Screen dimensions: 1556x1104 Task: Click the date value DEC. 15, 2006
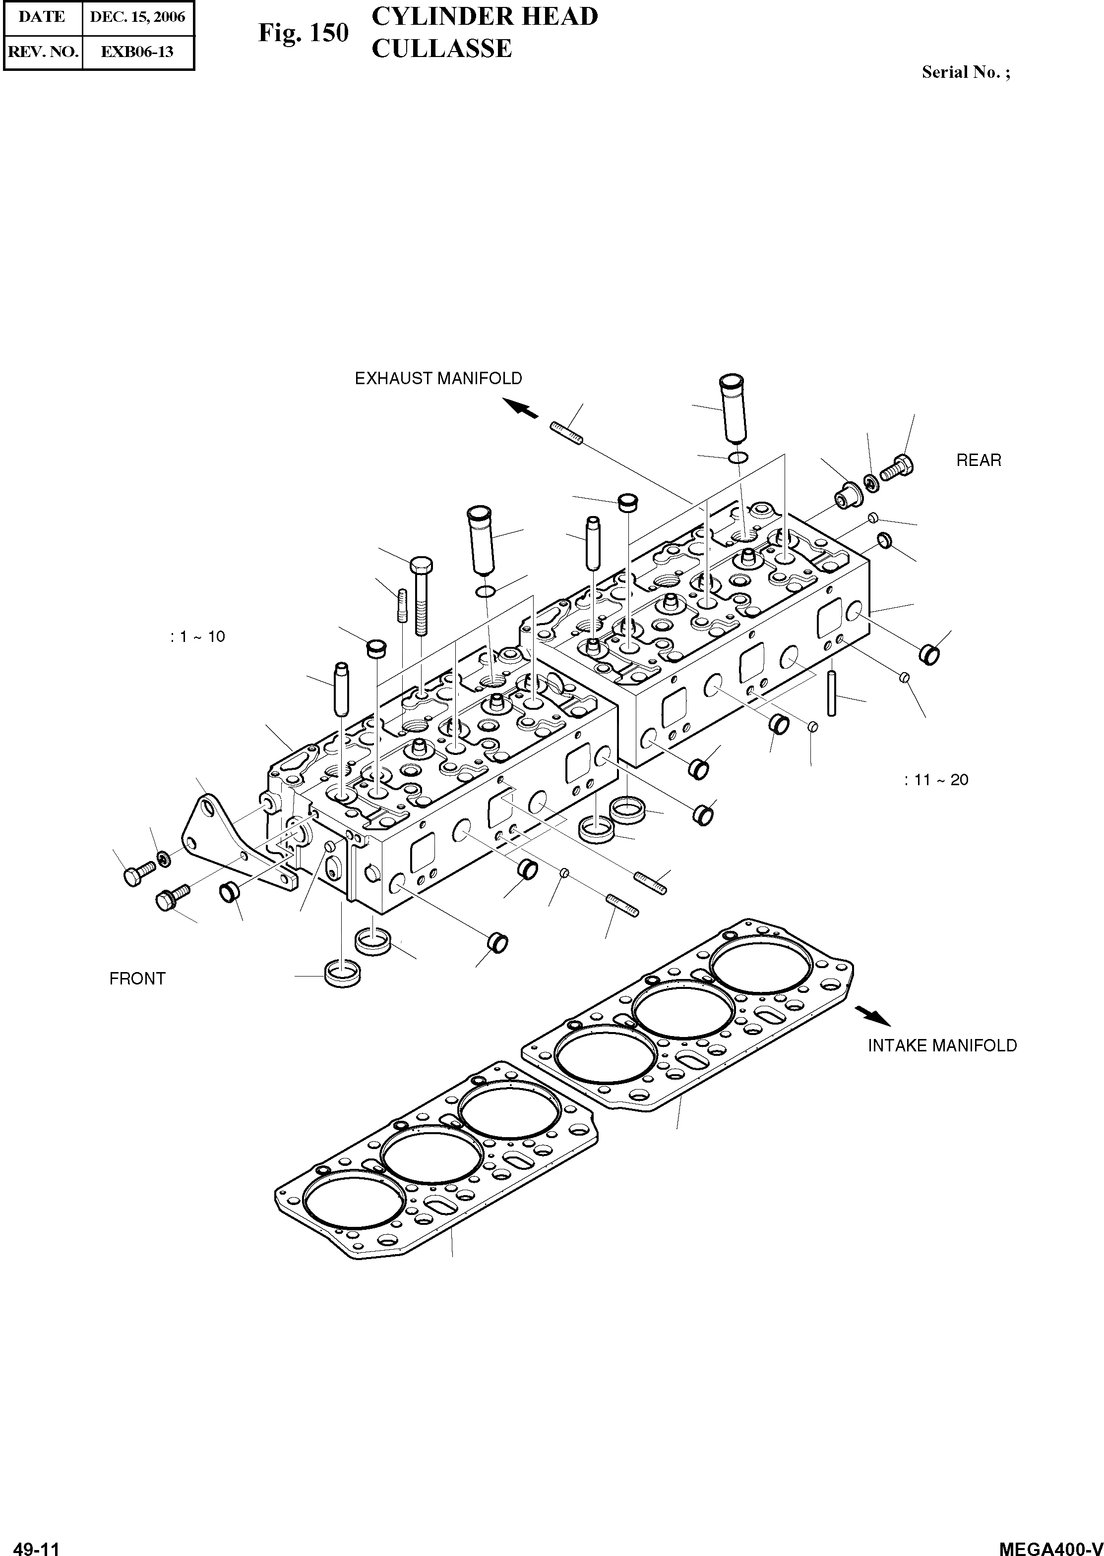tap(137, 17)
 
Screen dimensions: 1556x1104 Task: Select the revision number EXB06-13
tap(137, 52)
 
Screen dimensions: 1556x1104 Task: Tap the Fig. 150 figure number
tap(303, 33)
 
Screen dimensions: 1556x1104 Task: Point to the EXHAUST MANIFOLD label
tap(438, 379)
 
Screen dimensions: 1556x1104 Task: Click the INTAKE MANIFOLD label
tap(942, 1046)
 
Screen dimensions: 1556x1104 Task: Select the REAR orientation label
tap(978, 461)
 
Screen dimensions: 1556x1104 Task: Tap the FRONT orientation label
tap(137, 979)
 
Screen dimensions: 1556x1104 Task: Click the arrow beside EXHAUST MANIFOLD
tap(521, 407)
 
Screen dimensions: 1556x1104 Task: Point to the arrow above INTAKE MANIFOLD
tap(872, 1015)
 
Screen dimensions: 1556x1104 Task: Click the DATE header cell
tap(42, 17)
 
